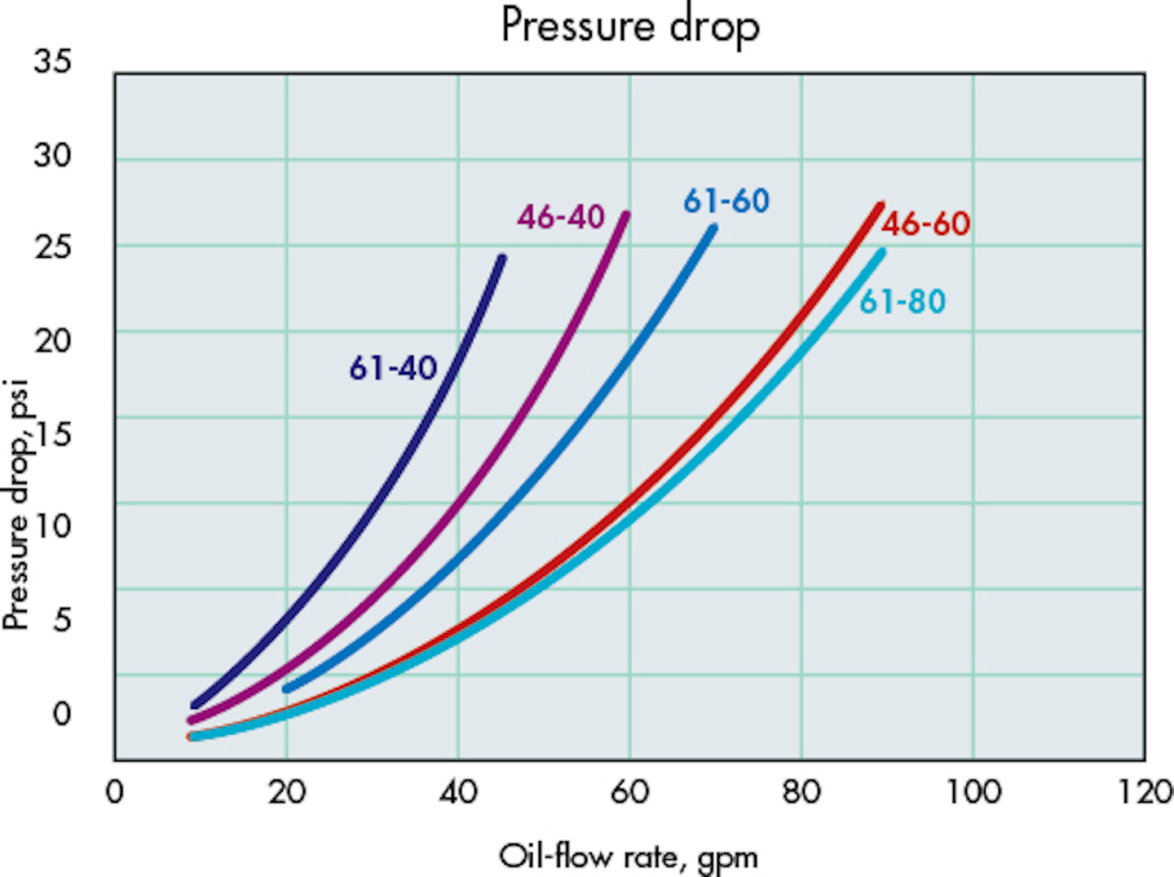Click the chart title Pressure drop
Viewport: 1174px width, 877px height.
pyautogui.click(x=630, y=26)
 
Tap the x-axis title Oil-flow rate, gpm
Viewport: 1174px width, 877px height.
pyautogui.click(x=629, y=857)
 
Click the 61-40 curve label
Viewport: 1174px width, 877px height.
pyautogui.click(x=393, y=369)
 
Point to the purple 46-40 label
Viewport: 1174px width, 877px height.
pyautogui.click(x=561, y=217)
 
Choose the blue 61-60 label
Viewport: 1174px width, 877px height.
pyautogui.click(x=726, y=201)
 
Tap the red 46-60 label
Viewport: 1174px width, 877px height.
pyautogui.click(x=926, y=224)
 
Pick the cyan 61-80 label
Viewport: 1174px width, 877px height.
pyautogui.click(x=903, y=302)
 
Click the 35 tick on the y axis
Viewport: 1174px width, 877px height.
pyautogui.click(x=52, y=61)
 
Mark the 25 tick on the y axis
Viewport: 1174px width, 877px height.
pyautogui.click(x=52, y=247)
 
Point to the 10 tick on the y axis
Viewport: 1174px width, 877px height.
pyautogui.click(x=52, y=525)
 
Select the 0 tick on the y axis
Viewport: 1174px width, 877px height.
pyautogui.click(x=61, y=714)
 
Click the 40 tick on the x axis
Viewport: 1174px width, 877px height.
pyautogui.click(x=457, y=791)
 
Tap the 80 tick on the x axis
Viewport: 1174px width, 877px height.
pyautogui.click(x=801, y=791)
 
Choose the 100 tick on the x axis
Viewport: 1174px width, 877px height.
pyautogui.click(x=973, y=791)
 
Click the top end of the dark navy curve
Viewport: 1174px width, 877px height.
pyautogui.click(x=502, y=259)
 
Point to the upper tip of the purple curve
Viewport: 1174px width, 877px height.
pyautogui.click(x=626, y=215)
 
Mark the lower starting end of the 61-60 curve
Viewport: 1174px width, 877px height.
pyautogui.click(x=286, y=689)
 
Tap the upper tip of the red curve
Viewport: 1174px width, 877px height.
pyautogui.click(x=880, y=206)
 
